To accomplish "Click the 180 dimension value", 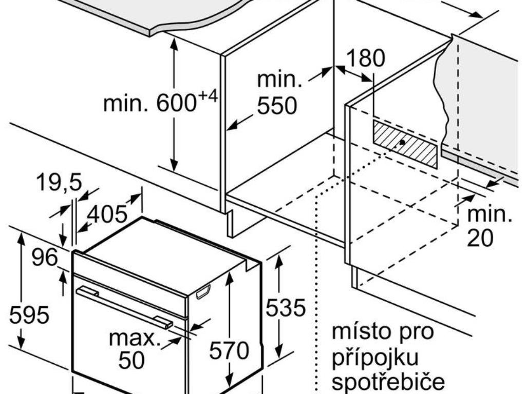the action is pyautogui.click(x=365, y=58).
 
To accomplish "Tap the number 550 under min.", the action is pyautogui.click(x=277, y=106).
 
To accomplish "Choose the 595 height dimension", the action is pyautogui.click(x=29, y=314).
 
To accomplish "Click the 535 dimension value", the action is pyautogui.click(x=286, y=308).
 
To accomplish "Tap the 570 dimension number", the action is pyautogui.click(x=229, y=350).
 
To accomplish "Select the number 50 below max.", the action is pyautogui.click(x=131, y=360).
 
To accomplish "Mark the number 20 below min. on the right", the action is pyautogui.click(x=480, y=238).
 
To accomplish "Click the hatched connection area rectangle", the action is pyautogui.click(x=405, y=144).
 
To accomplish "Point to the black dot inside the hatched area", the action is pyautogui.click(x=402, y=142).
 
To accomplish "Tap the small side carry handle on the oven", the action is pyautogui.click(x=203, y=292).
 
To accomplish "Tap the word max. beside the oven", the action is pyautogui.click(x=135, y=338).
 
